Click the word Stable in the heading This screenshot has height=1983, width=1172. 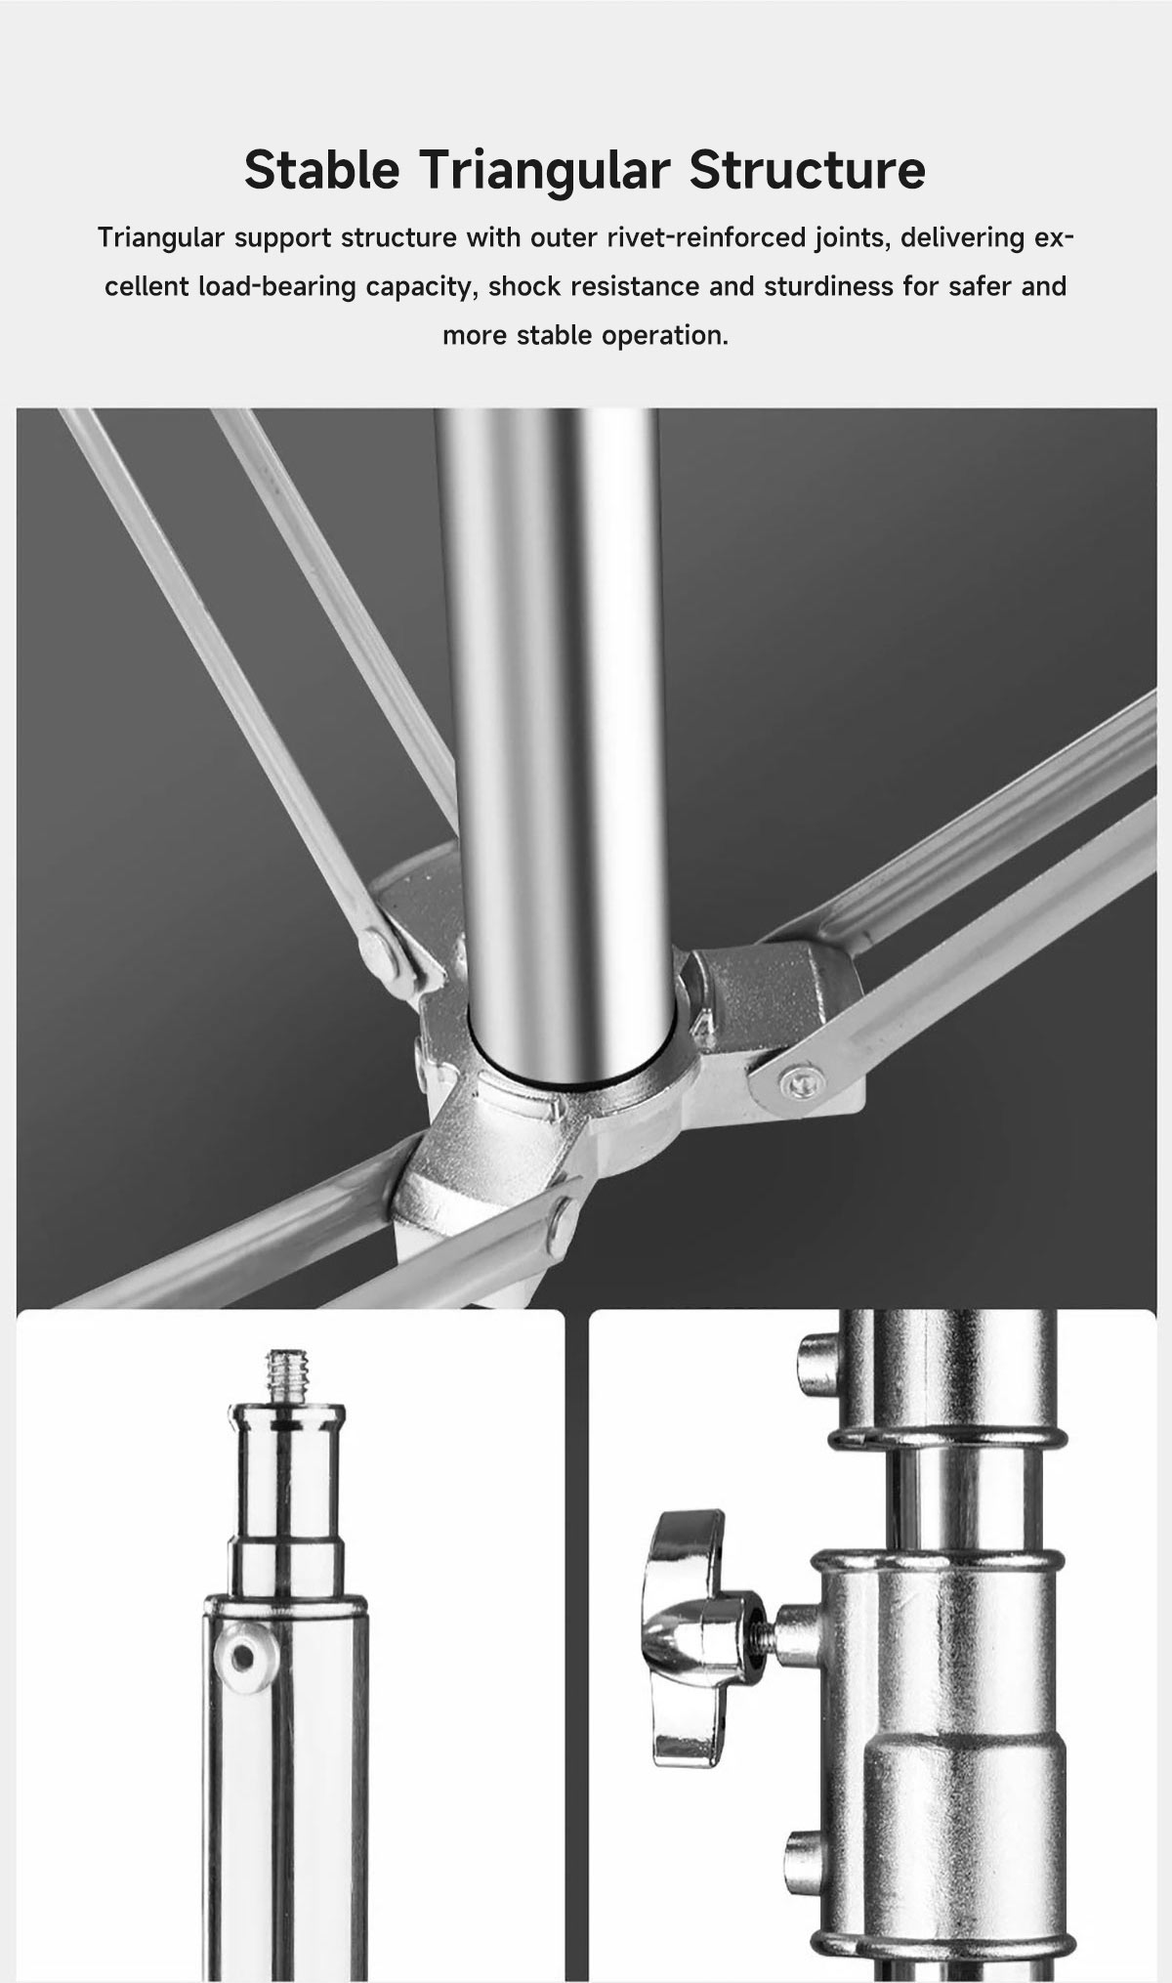pos(321,170)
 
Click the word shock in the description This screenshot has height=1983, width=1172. pos(523,287)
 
